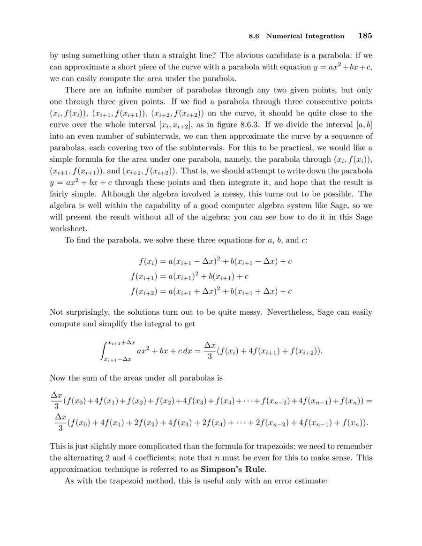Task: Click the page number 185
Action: (x=365, y=36)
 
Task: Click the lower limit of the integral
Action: (x=118, y=359)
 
